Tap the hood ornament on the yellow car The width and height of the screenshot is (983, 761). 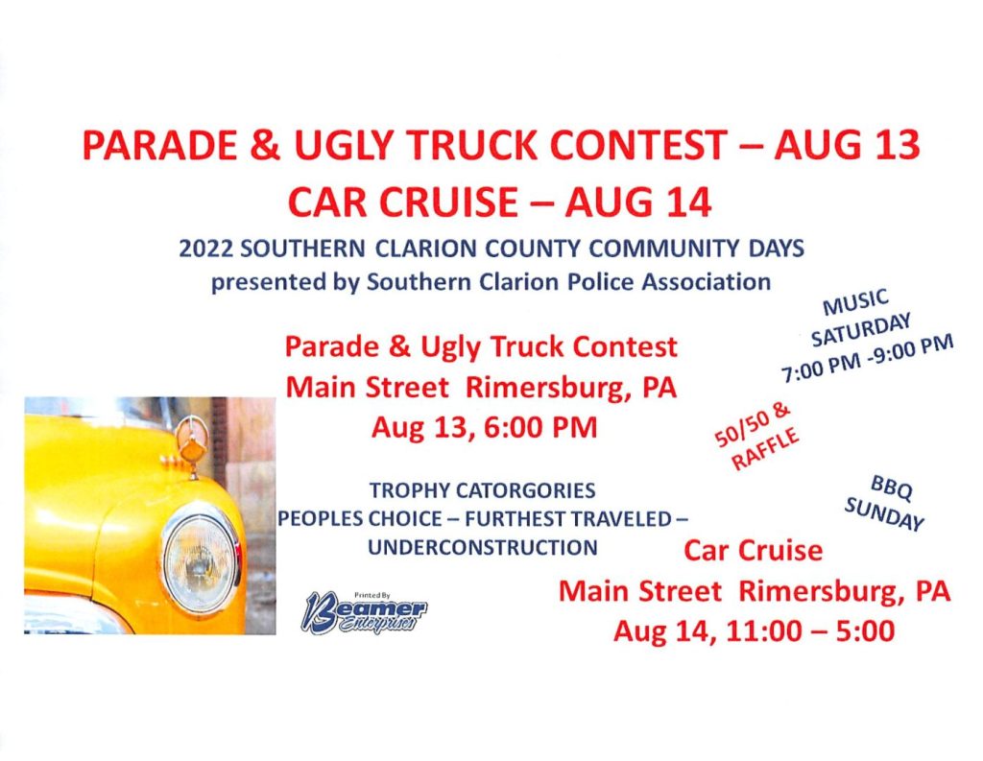pos(188,442)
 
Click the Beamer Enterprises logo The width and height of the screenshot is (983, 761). pos(365,612)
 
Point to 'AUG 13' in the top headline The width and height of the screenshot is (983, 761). pos(847,145)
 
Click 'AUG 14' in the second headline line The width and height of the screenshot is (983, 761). pos(638,202)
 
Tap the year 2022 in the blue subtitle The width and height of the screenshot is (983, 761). pos(205,249)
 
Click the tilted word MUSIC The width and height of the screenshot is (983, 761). pos(855,301)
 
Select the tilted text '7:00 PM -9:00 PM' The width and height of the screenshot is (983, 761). pos(867,359)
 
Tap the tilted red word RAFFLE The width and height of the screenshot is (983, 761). pos(765,448)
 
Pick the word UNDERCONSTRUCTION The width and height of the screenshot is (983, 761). pos(482,547)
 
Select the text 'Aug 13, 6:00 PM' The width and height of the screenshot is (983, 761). pos(484,428)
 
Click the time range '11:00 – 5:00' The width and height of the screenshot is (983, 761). pos(810,630)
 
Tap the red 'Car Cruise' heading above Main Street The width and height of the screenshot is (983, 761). pos(753,551)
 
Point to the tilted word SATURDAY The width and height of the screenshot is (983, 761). pos(860,330)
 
